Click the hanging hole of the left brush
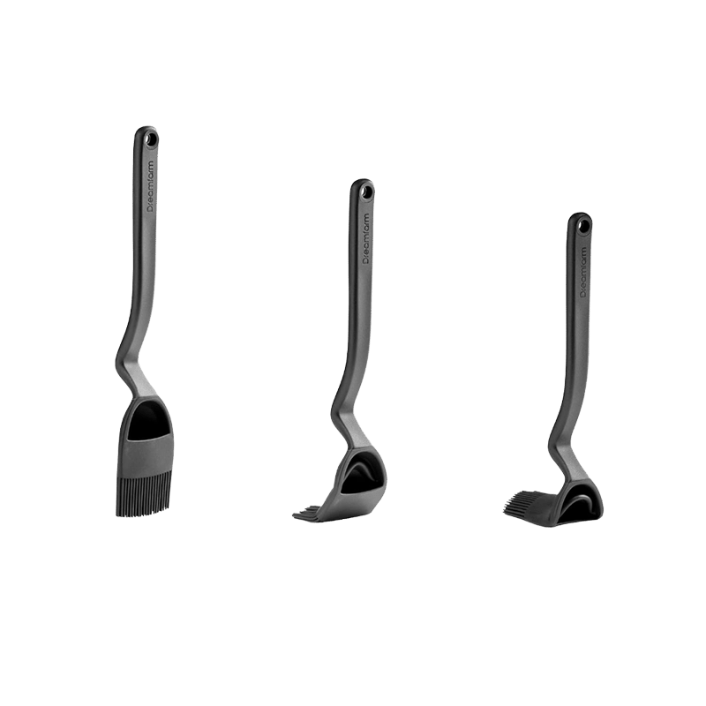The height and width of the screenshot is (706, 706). click(151, 139)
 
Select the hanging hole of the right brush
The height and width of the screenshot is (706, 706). click(582, 224)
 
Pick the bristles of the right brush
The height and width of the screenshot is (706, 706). click(526, 504)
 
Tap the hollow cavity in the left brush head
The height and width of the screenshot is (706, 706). click(150, 422)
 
